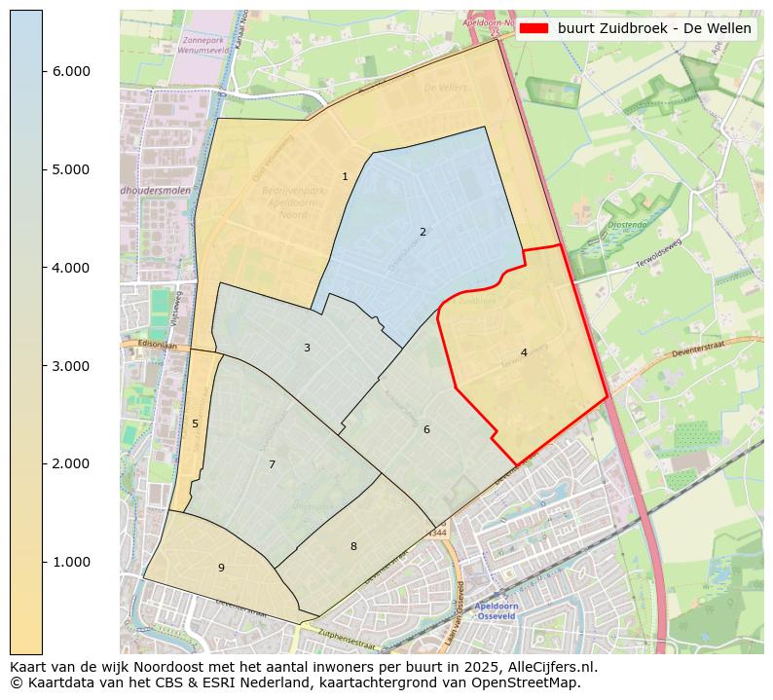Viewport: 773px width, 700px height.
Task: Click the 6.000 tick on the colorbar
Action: pyautogui.click(x=70, y=71)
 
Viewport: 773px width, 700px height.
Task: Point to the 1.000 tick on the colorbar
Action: pyautogui.click(x=70, y=562)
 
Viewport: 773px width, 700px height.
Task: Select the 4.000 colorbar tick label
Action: pyautogui.click(x=70, y=268)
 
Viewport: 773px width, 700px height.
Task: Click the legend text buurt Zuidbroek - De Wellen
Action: pyautogui.click(x=654, y=29)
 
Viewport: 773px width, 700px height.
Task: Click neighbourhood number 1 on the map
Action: pyautogui.click(x=345, y=176)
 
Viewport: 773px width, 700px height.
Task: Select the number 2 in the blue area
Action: pyautogui.click(x=423, y=232)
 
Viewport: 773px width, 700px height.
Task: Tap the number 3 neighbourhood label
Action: pyautogui.click(x=307, y=348)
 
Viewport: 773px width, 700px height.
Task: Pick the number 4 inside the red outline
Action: pyautogui.click(x=524, y=352)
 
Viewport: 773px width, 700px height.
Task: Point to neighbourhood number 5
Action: pyautogui.click(x=195, y=424)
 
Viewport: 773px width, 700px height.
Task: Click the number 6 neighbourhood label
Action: pyautogui.click(x=426, y=429)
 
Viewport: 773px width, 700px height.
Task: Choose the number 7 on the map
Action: pyautogui.click(x=272, y=464)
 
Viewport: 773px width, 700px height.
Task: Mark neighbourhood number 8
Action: pyautogui.click(x=353, y=546)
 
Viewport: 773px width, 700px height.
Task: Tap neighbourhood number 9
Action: pyautogui.click(x=221, y=568)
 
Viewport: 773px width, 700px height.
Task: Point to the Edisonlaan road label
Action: pyautogui.click(x=142, y=344)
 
